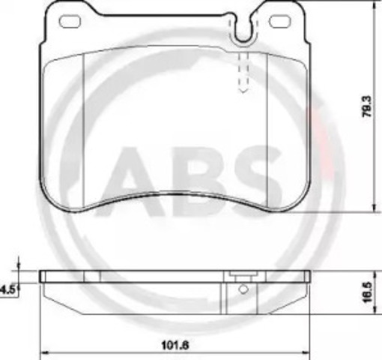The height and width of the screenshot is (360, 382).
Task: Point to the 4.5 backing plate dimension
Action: pyautogui.click(x=7, y=287)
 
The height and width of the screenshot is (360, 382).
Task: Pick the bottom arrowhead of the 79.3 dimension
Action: pyautogui.click(x=372, y=210)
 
